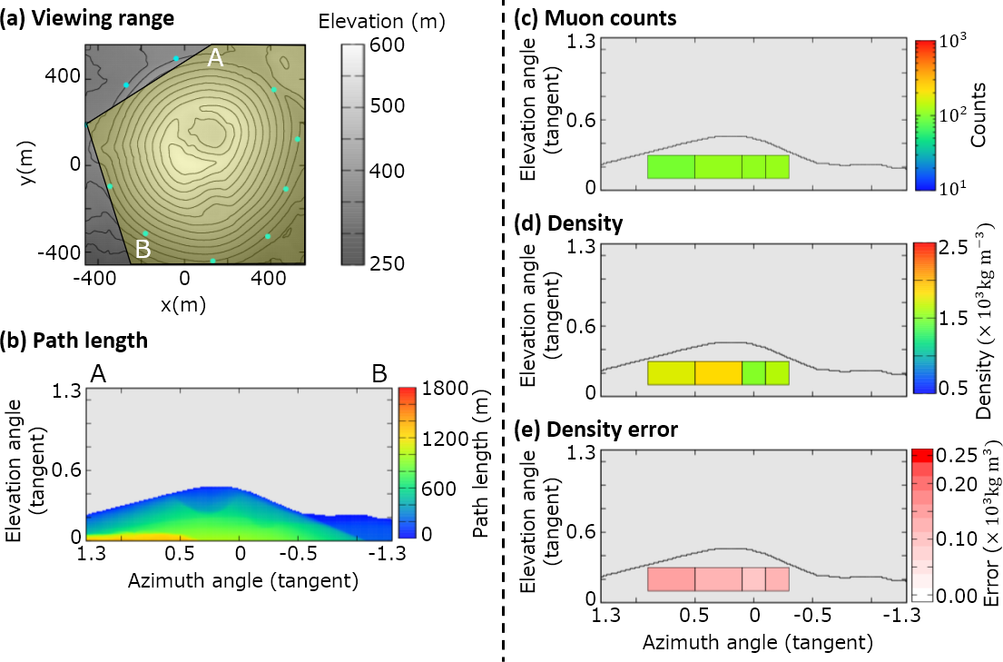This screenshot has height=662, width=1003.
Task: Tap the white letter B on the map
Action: tap(143, 248)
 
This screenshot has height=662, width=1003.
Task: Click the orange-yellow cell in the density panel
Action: tap(718, 373)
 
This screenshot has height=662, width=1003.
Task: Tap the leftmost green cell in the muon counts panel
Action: tap(671, 167)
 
